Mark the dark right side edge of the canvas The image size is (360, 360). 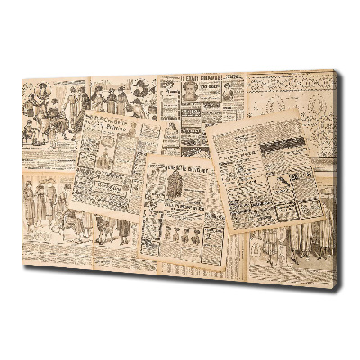(337, 180)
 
